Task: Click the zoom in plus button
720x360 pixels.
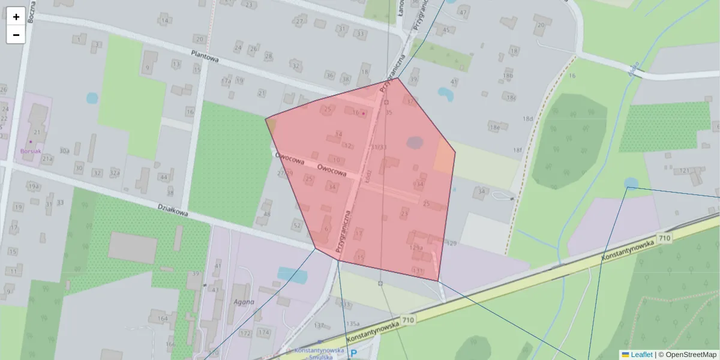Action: click(x=16, y=16)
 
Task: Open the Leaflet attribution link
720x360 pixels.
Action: click(x=641, y=355)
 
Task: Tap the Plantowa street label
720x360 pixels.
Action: click(x=205, y=56)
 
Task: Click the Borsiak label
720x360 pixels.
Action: click(x=31, y=151)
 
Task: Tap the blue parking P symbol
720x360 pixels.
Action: click(x=353, y=354)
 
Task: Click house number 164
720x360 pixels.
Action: click(x=162, y=318)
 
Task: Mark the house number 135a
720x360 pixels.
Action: click(x=352, y=323)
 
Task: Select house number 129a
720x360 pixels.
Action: click(x=416, y=247)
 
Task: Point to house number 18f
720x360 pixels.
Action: click(x=518, y=150)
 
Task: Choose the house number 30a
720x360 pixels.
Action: click(x=65, y=151)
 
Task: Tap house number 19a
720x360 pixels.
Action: click(x=33, y=187)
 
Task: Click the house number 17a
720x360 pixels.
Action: click(x=226, y=80)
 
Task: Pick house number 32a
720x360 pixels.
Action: click(x=115, y=173)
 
